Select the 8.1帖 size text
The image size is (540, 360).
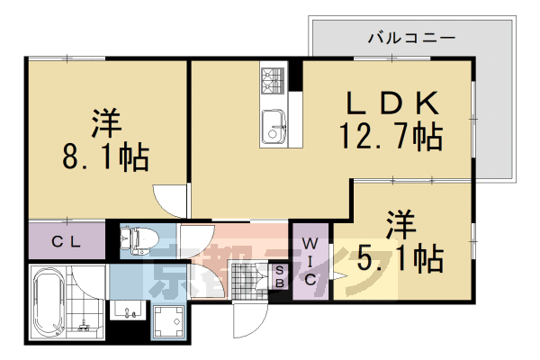point(105,158)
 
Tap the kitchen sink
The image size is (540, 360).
point(272,125)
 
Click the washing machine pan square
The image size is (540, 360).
point(168,321)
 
